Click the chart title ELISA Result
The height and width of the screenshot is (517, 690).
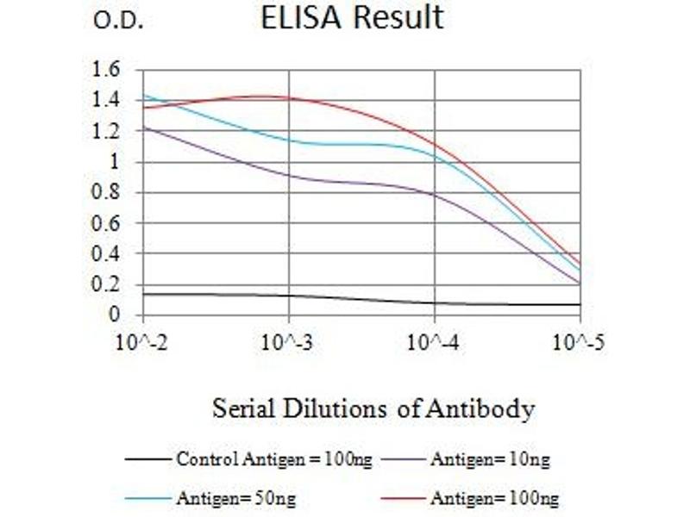pos(352,17)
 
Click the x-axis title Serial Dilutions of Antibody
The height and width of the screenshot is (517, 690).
pos(373,409)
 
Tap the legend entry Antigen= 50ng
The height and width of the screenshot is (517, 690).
pos(230,498)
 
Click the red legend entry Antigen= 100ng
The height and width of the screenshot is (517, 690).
pos(494,498)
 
